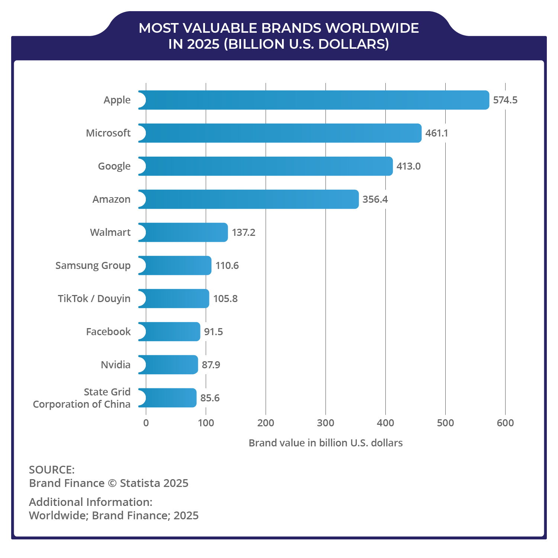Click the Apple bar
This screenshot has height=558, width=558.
click(314, 100)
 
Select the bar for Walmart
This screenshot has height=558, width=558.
click(183, 232)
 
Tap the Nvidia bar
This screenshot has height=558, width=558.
click(168, 365)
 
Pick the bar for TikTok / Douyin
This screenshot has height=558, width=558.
click(174, 299)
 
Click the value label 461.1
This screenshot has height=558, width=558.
click(437, 133)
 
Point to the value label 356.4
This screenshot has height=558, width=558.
click(375, 199)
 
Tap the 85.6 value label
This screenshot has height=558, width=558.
click(210, 398)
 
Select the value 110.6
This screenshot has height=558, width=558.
click(227, 266)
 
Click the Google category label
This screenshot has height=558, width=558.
click(114, 166)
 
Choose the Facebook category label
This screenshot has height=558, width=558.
click(108, 332)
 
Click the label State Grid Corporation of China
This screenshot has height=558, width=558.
click(82, 398)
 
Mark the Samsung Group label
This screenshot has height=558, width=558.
click(93, 266)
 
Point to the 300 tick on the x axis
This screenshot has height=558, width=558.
click(325, 423)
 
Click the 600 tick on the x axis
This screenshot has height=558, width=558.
click(505, 423)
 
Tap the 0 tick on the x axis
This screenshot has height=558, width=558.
click(146, 423)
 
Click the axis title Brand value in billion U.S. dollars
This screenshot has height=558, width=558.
click(325, 443)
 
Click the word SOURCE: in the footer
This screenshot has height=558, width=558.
click(52, 470)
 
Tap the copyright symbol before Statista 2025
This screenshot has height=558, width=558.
click(112, 483)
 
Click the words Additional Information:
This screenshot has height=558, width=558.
click(91, 502)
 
